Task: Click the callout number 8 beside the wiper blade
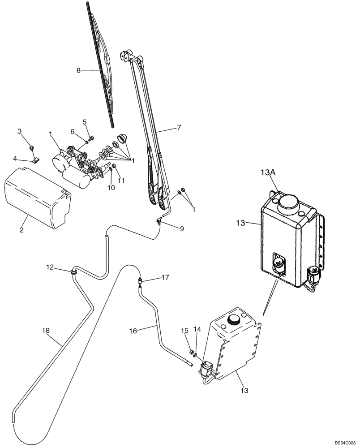(78, 70)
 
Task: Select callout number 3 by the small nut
(19, 131)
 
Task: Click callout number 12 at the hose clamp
(50, 267)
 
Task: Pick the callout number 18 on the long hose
(46, 330)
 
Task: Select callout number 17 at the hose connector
(165, 278)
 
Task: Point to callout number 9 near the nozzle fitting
(181, 228)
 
